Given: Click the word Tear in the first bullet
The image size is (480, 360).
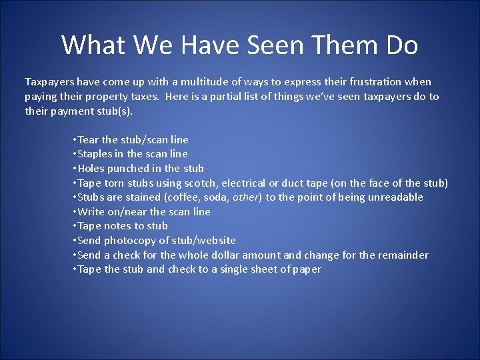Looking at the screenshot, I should [x=88, y=140].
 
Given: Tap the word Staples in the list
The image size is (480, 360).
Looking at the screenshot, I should [x=95, y=154].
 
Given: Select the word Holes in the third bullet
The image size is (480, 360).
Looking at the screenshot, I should [x=91, y=169].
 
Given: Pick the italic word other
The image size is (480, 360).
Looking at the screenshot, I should [x=245, y=197].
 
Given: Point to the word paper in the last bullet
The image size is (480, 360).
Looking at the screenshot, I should [x=307, y=269].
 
